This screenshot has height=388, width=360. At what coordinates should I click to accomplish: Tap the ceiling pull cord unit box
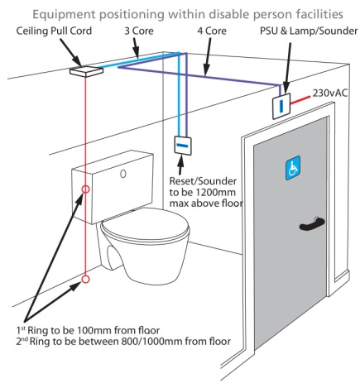pyautogui.click(x=84, y=70)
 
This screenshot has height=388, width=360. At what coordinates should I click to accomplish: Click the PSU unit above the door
pyautogui.click(x=283, y=107)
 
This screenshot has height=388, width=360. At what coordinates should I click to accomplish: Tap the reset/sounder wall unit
pyautogui.click(x=184, y=144)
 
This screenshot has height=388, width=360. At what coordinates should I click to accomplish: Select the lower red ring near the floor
pyautogui.click(x=85, y=284)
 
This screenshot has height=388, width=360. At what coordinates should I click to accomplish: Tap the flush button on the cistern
pyautogui.click(x=123, y=175)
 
